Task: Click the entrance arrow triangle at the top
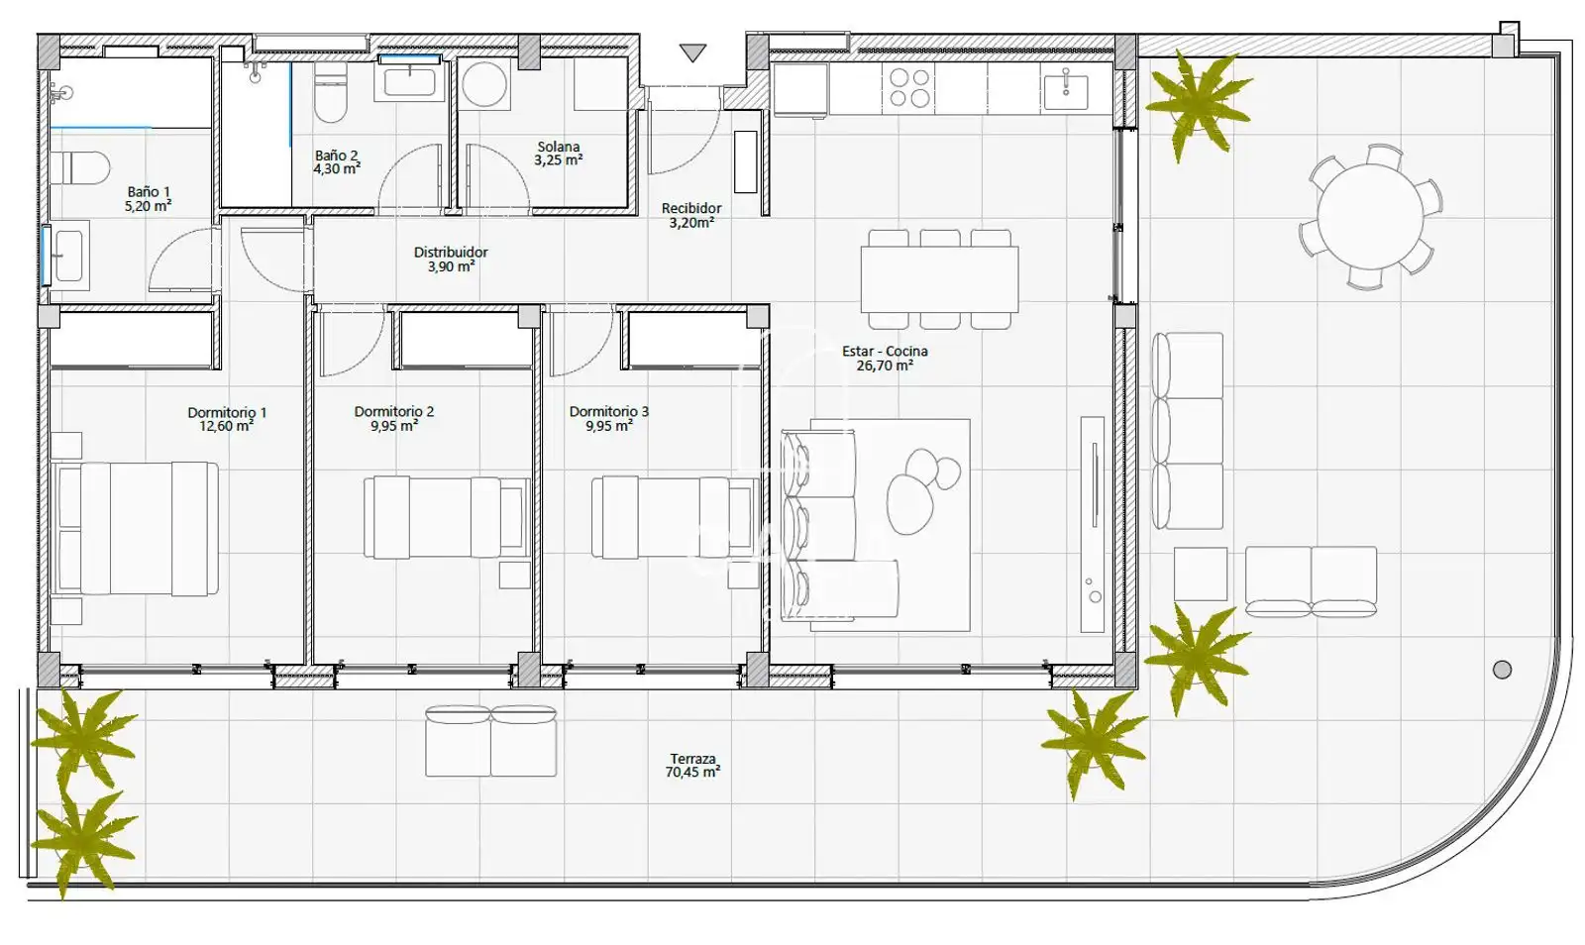692,52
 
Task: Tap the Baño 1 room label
149,192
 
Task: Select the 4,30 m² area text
337,169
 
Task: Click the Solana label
559,147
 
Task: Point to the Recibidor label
691,208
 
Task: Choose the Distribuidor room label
451,252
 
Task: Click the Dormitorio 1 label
227,412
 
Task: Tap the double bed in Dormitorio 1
135,528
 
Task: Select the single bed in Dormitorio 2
447,517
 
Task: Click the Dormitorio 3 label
608,411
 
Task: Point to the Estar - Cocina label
885,351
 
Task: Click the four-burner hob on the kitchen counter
909,88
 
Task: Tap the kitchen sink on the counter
1066,89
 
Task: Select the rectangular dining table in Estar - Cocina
940,278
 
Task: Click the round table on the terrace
1370,217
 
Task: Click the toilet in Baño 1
80,168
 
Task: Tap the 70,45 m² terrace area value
692,773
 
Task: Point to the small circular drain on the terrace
1502,670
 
